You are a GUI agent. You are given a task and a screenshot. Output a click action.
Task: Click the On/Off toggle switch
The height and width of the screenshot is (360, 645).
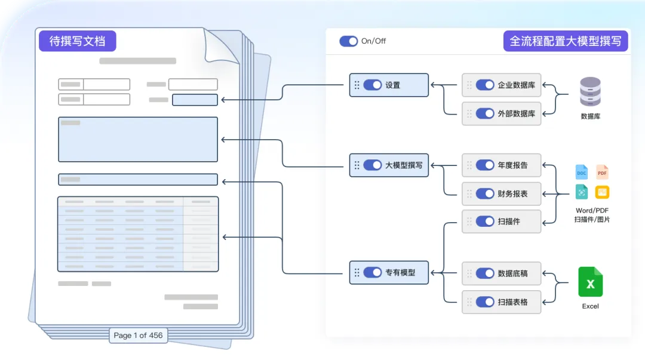(348, 41)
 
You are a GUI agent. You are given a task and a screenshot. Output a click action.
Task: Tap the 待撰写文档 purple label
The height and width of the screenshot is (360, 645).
(78, 41)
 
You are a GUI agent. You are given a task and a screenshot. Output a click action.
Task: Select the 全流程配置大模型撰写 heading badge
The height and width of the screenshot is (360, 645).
(565, 41)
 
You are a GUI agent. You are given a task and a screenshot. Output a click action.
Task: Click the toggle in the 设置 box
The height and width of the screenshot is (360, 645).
(372, 85)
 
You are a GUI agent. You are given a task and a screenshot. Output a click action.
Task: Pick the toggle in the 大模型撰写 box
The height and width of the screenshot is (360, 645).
(372, 165)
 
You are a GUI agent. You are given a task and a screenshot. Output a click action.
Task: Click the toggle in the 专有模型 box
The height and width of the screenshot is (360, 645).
(372, 272)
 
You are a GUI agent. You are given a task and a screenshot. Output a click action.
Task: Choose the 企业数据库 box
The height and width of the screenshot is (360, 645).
(502, 85)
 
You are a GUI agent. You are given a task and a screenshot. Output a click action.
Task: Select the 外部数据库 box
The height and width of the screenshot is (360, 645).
(502, 113)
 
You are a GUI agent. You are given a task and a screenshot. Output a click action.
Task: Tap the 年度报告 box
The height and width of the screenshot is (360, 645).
(502, 165)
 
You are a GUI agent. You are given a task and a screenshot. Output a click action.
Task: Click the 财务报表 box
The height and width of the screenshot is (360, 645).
(502, 193)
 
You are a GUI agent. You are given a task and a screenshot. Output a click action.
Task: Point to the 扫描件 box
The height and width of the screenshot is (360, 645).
(502, 221)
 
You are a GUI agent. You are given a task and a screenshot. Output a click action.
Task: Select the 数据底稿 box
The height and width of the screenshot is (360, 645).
(502, 273)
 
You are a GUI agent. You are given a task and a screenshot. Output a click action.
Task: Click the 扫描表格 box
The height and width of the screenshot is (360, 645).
(502, 302)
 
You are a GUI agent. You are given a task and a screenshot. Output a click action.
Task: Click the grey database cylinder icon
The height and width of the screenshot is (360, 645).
(590, 92)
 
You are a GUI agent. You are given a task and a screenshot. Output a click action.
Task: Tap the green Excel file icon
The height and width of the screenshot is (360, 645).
(590, 282)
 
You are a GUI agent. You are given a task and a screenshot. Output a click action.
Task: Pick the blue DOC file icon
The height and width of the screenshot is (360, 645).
(581, 173)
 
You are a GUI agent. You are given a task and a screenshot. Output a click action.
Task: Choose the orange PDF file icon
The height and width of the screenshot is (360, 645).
(602, 173)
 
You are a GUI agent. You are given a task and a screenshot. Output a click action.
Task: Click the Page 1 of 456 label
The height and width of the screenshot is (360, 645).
(138, 336)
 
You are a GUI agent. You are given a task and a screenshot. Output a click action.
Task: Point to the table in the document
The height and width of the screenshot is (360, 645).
(138, 234)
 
